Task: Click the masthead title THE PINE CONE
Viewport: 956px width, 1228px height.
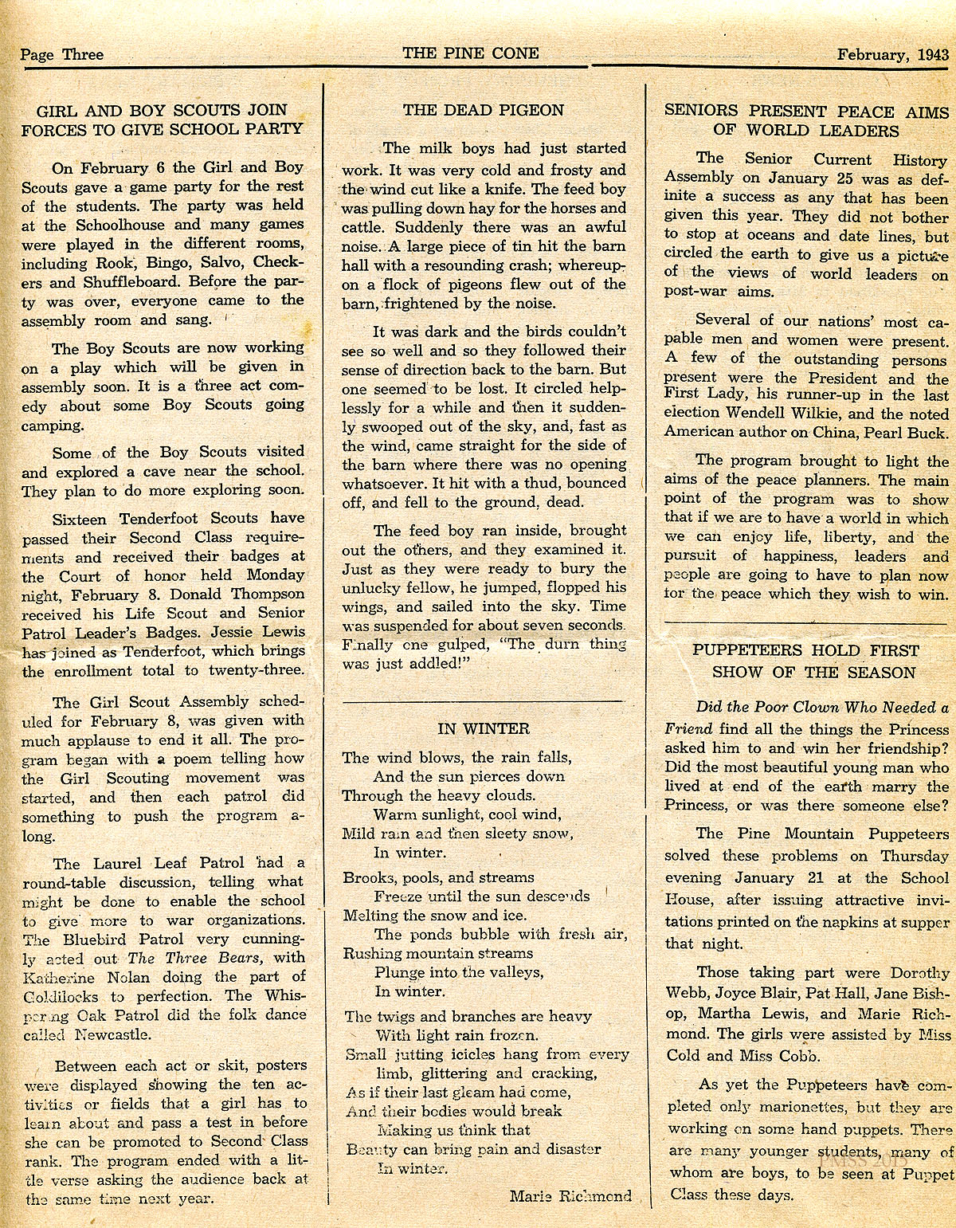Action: [470, 53]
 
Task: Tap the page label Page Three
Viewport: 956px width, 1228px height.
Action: [62, 54]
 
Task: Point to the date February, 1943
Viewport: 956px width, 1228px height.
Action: [892, 54]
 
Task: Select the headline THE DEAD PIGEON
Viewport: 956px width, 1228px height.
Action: [483, 110]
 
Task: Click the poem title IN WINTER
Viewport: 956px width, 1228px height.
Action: [483, 728]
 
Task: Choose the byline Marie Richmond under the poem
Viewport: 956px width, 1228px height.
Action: [570, 1195]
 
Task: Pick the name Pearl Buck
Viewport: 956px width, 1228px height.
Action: [907, 433]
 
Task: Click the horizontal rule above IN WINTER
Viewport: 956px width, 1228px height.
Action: [483, 700]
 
